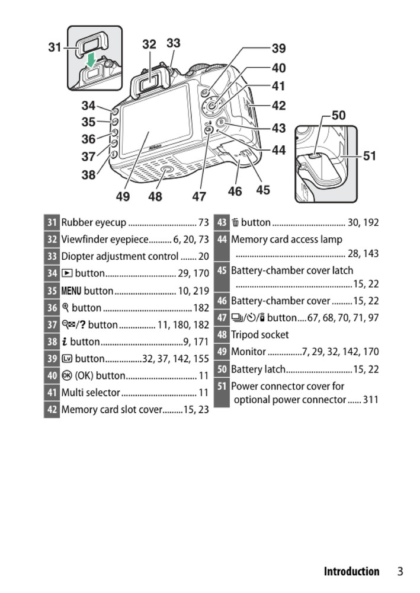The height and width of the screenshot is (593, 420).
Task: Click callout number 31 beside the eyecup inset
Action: tap(55, 47)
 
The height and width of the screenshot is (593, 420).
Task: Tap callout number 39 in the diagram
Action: tap(278, 49)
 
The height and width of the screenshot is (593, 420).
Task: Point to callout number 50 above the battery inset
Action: tap(338, 115)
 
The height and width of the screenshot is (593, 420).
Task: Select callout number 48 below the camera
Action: tap(155, 196)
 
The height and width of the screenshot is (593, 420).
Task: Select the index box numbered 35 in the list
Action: tap(52, 291)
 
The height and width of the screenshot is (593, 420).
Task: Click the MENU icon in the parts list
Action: tap(71, 291)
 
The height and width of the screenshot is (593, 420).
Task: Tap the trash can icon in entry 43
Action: tap(235, 223)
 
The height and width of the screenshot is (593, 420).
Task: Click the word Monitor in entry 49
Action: tap(248, 352)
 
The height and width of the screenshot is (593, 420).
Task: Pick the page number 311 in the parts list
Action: tap(370, 400)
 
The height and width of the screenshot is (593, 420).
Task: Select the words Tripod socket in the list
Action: tap(259, 334)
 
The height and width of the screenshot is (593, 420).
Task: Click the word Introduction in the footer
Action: tap(351, 572)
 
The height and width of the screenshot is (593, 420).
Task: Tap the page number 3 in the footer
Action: tap(400, 572)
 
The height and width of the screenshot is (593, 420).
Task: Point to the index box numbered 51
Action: tap(222, 386)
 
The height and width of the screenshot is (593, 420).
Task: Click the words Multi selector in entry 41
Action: tap(91, 392)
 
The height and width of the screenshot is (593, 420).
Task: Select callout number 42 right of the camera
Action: tap(278, 106)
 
